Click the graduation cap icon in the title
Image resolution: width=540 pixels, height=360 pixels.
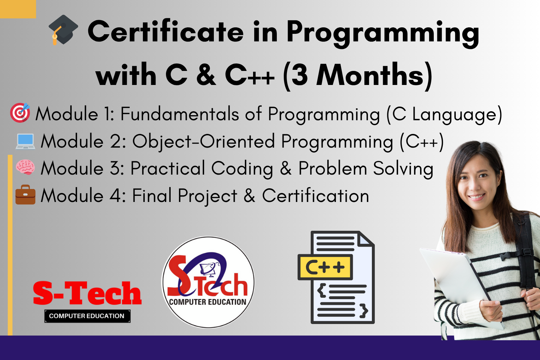point(63,30)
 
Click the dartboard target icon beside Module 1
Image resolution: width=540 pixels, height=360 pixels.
point(20,113)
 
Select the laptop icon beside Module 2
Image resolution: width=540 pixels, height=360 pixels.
point(25,141)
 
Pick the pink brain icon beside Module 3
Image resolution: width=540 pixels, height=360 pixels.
point(25,167)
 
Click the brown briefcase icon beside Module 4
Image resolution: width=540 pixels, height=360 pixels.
point(25,195)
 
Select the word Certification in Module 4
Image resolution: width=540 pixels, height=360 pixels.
point(316,195)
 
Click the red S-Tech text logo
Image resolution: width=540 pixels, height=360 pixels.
point(87,293)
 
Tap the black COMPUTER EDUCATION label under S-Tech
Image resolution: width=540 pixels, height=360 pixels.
point(87,316)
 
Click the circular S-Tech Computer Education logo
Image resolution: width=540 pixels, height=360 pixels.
point(208,282)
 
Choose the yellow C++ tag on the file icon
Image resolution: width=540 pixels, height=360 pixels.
point(325,267)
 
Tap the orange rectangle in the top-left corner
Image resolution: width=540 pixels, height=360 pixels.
point(18,9)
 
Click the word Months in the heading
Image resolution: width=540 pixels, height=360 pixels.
point(370,75)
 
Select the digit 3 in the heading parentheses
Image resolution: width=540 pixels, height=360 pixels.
point(300,75)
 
